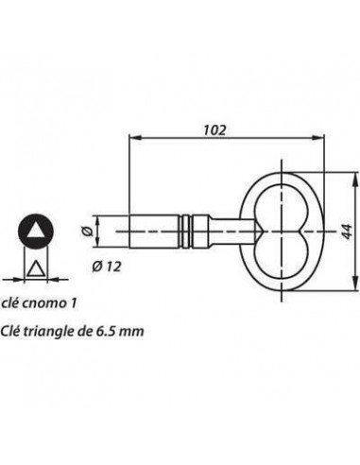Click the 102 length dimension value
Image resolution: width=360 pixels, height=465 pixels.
(214, 129)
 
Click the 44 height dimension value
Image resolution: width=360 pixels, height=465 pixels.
(348, 230)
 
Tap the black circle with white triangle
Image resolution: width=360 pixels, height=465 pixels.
(35, 230)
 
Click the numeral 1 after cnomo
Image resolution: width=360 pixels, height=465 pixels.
(74, 304)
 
